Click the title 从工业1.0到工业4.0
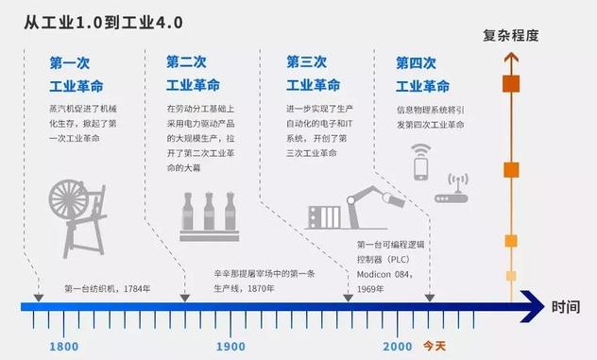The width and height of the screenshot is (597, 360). pos(106,21)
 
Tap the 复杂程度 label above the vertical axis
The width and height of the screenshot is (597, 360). pos(511,36)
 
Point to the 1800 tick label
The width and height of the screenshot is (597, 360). pos(63,347)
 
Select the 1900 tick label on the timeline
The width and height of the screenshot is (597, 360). pos(230,347)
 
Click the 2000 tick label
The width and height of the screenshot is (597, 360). pos(398,347)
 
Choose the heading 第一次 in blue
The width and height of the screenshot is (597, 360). pos(69,63)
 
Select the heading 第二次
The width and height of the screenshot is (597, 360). pos(185,62)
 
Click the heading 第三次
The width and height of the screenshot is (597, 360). pos(306,62)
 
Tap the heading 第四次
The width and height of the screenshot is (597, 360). pos(417,63)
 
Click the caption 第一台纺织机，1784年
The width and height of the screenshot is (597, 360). pos(106,287)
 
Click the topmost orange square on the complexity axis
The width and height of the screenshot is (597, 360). pos(511,83)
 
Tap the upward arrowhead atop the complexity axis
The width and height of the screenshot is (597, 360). pos(511,60)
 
